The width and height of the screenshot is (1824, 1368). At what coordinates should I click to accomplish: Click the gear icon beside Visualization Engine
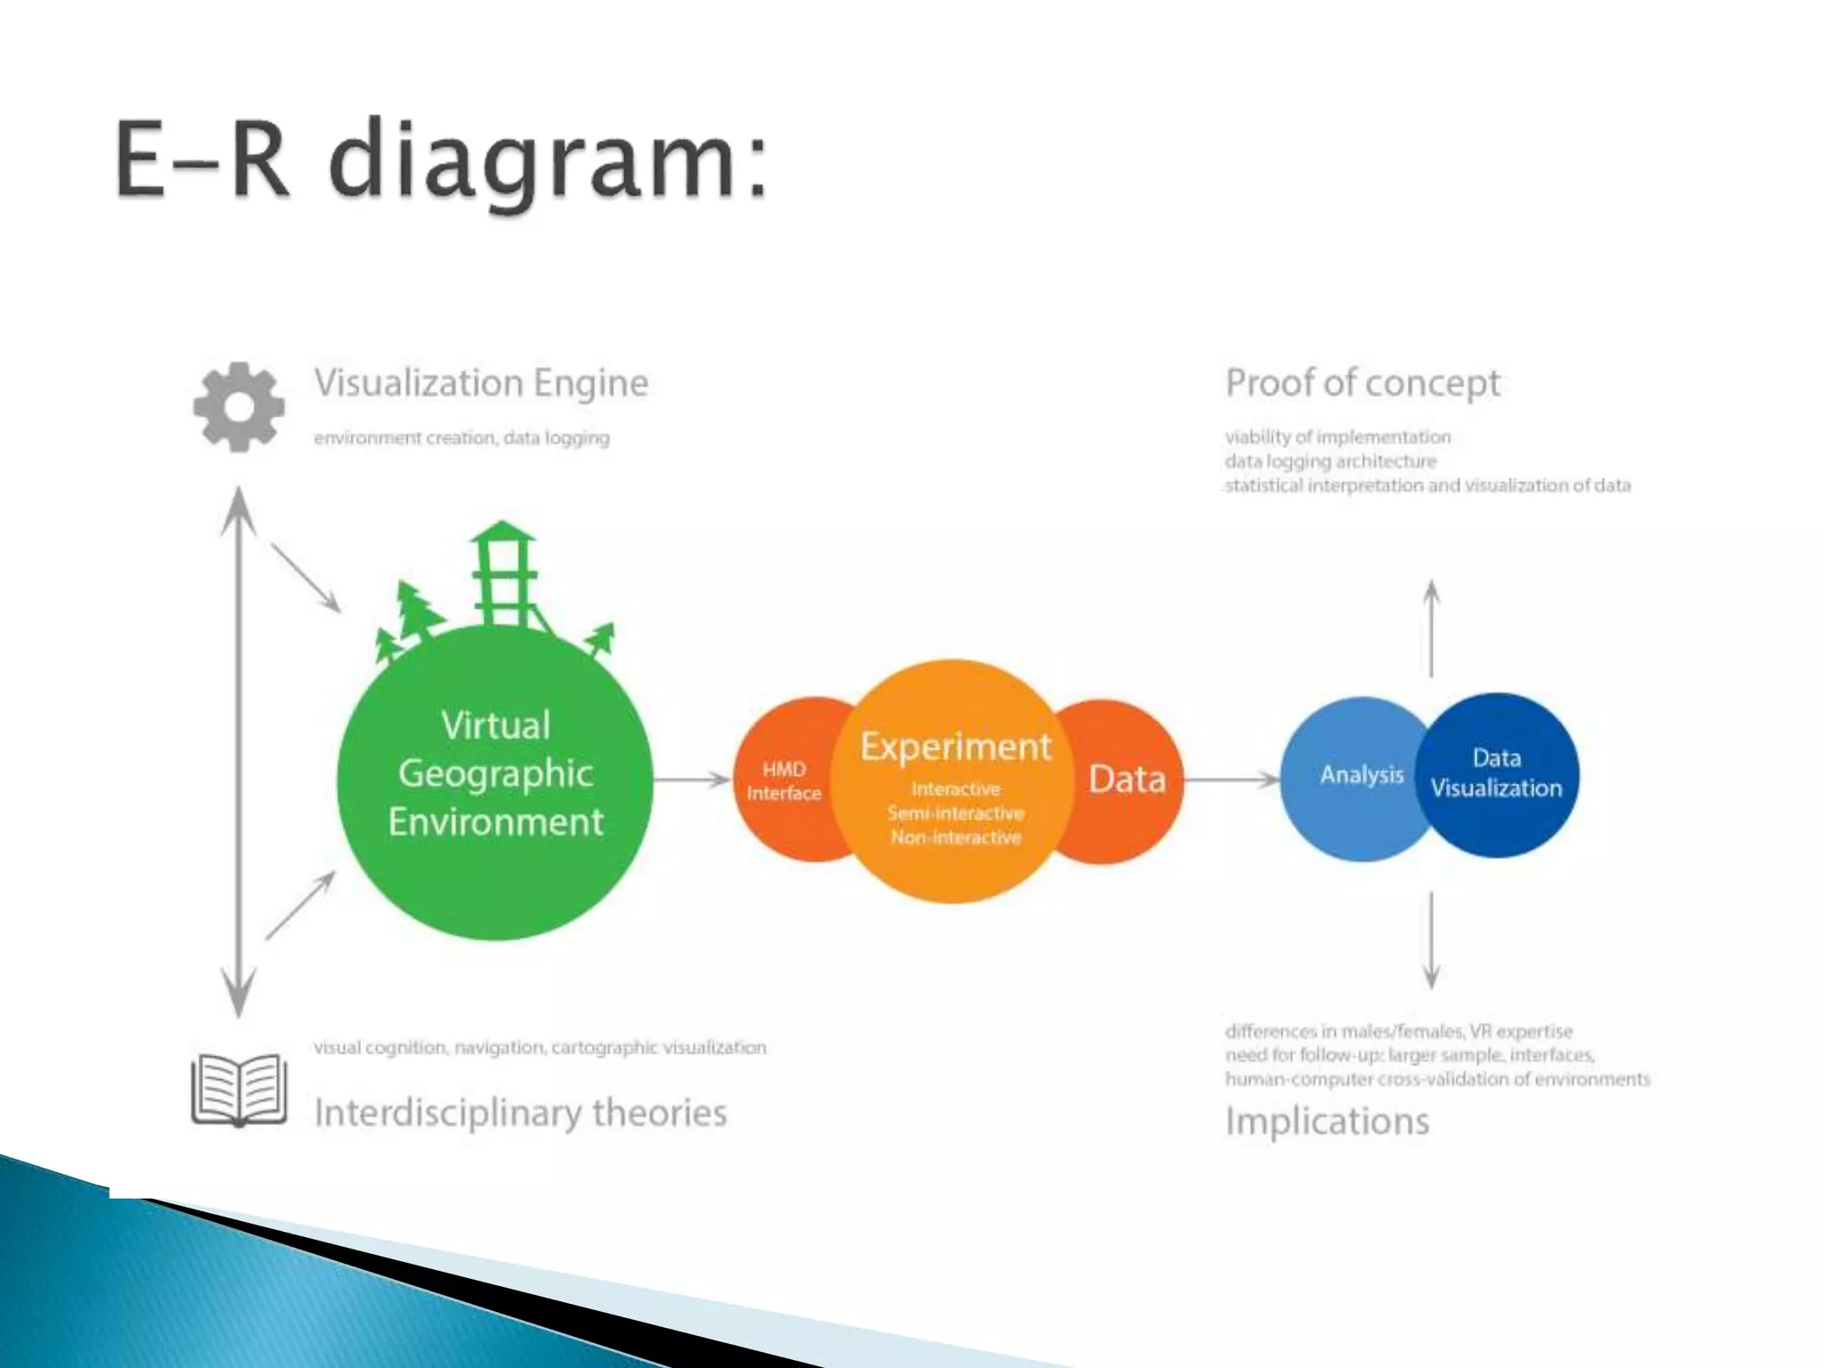pos(239,407)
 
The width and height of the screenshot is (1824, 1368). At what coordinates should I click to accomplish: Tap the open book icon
pos(239,1089)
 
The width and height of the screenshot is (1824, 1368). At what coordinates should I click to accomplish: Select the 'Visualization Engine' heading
pos(481,384)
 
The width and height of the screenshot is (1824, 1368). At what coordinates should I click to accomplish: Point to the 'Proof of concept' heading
pos(1363,384)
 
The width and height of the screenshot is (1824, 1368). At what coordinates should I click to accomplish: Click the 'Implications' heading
pos(1327,1120)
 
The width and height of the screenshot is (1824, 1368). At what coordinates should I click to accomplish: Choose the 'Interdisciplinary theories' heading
pos(521,1113)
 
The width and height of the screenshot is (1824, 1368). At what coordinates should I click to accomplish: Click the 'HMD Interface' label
pos(784,781)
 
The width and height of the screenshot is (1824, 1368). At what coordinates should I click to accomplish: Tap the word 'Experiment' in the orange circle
pos(956,746)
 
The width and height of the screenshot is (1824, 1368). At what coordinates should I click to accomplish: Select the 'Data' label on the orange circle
pos(1127,779)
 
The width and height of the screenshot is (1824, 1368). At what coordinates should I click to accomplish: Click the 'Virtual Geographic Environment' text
pos(496,773)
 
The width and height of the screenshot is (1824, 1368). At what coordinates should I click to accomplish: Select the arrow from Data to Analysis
pos(1233,780)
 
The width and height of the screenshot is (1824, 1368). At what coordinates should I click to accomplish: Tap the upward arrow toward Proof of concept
pos(1431,628)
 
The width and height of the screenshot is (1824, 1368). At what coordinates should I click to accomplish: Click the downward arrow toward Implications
pos(1431,940)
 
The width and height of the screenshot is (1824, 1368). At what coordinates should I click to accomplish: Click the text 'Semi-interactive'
pos(956,813)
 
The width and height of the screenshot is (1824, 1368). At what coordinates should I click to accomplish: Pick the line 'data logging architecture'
pos(1331,461)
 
